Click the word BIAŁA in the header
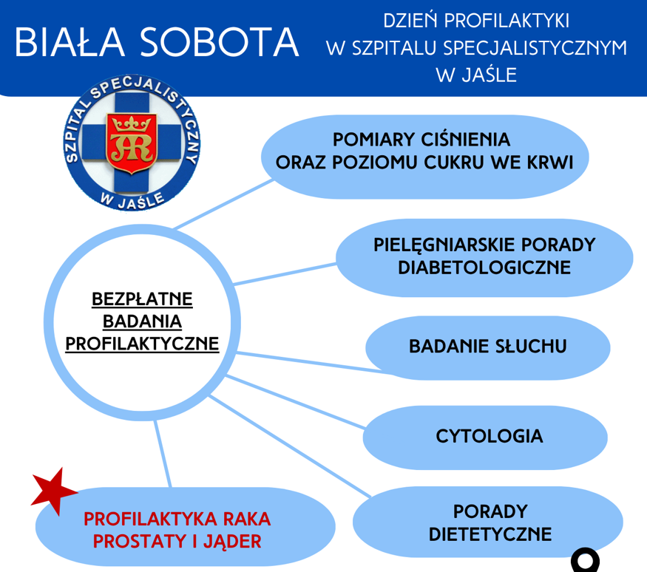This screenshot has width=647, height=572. coord(70,41)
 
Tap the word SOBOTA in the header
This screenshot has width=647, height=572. coord(219,42)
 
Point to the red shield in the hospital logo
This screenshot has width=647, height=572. coord(132,143)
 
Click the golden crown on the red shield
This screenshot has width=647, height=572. coord(132,123)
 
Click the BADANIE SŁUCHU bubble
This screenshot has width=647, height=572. coord(488,347)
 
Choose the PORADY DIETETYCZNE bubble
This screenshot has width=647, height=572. coord(488,522)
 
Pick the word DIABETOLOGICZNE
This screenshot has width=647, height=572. coord(484,268)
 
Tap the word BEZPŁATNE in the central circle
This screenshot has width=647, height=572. coord(142,299)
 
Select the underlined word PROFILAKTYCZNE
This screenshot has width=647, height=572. coord(142,344)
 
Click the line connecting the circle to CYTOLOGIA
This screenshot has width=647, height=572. coord(295,402)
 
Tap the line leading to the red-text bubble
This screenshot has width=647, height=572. coord(162,454)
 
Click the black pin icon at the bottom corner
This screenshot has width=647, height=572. coord(585,561)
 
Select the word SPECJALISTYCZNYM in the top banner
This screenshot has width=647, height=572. coord(535,48)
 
